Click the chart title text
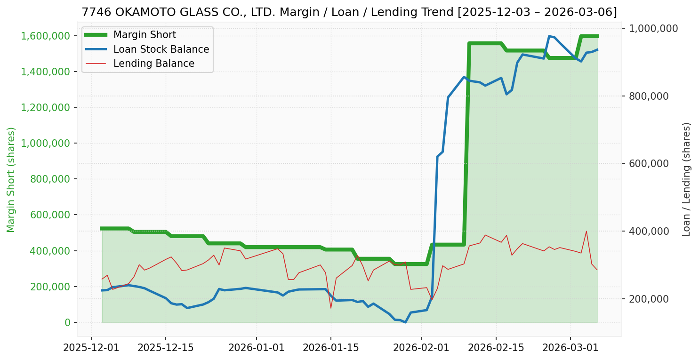click(x=349, y=12)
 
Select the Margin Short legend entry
click(x=145, y=35)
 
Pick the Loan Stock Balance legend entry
click(x=161, y=49)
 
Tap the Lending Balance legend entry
click(x=153, y=64)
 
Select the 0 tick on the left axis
click(x=67, y=323)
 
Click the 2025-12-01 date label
click(x=91, y=348)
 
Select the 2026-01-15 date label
click(x=330, y=348)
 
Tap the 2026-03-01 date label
click(x=570, y=348)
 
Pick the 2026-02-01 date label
click(x=421, y=348)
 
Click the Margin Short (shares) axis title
click(x=11, y=179)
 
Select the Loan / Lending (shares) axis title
click(x=687, y=179)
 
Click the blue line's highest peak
click(x=549, y=36)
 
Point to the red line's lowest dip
click(x=331, y=308)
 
